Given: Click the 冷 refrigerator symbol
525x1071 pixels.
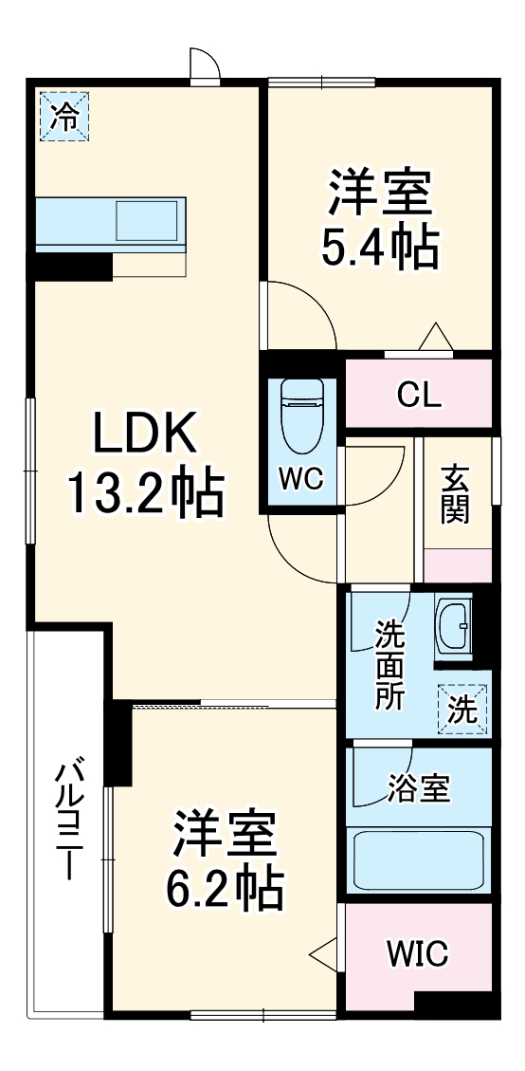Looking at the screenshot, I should point(64,117).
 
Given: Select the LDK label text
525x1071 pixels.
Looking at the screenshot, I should point(144,437).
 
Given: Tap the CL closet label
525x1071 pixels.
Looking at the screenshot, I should point(419,394).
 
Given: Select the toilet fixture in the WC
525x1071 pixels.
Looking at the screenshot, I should point(302,418).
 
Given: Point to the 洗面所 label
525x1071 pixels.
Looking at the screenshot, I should point(389,665).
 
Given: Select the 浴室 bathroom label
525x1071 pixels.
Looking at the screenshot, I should point(419,788).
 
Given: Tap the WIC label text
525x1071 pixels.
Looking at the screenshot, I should point(418,952).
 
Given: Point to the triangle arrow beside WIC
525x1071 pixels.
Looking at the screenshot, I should point(323,951).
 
